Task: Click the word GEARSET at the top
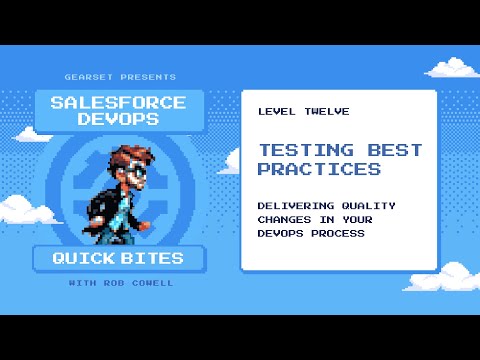[x=87, y=77]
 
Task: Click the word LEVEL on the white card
[x=276, y=111]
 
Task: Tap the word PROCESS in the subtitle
[x=333, y=234]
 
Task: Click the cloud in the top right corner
[x=454, y=68]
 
